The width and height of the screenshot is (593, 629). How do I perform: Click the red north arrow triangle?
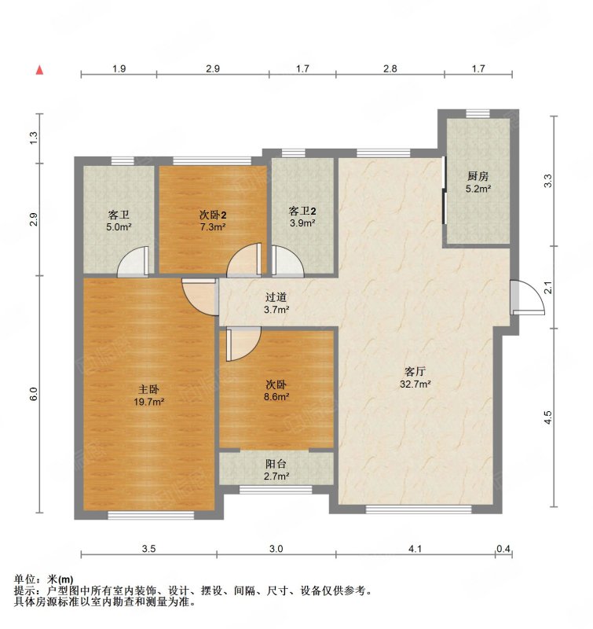[x=39, y=70]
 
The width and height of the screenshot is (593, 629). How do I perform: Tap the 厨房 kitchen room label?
[x=478, y=175]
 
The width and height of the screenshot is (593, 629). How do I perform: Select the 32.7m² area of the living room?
[x=415, y=384]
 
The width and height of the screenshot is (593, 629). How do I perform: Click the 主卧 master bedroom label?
[x=148, y=389]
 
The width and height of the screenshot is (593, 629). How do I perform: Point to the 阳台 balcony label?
[x=276, y=464]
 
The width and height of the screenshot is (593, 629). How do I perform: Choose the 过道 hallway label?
[x=276, y=297]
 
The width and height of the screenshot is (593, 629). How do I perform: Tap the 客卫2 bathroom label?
[x=302, y=211]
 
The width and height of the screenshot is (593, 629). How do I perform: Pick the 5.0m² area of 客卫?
[x=119, y=227]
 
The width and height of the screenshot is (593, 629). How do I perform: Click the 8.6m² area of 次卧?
[x=276, y=397]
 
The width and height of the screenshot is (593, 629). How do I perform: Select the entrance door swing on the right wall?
[x=527, y=297]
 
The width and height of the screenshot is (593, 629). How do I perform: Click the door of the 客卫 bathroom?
[x=133, y=262]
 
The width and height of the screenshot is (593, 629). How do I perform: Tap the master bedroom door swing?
[x=200, y=297]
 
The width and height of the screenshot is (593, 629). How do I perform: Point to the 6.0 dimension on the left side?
[x=34, y=394]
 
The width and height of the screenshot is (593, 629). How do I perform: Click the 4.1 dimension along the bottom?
[x=415, y=548]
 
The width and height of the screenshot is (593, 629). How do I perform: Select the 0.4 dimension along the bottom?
[x=503, y=548]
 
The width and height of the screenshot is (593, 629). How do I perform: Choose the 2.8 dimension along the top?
[x=390, y=68]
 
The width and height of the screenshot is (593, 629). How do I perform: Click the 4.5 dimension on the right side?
[x=548, y=417]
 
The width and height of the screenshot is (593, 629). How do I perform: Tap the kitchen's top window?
[x=478, y=113]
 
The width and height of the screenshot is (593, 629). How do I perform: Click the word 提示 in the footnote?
[x=24, y=590]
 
